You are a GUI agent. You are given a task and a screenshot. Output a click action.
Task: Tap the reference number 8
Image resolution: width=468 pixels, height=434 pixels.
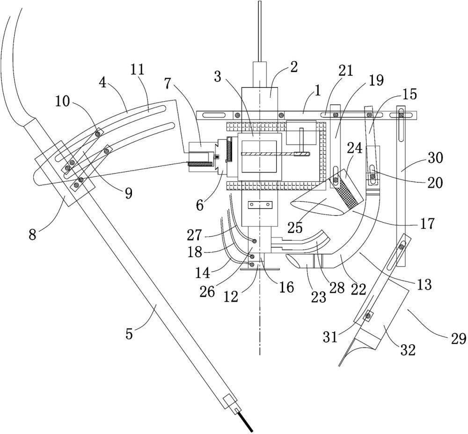click(33, 234)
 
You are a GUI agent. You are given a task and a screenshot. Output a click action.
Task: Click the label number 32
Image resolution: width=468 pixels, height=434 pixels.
click(408, 350)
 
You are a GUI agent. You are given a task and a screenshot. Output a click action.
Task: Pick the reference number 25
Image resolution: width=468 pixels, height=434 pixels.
click(295, 228)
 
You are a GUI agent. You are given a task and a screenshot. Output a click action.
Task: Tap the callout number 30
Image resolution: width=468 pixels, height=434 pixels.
click(435, 158)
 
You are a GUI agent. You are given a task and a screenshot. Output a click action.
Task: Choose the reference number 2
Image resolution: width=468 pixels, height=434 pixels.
click(294, 67)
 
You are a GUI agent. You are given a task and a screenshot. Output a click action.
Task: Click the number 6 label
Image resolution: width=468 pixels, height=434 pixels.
click(200, 205)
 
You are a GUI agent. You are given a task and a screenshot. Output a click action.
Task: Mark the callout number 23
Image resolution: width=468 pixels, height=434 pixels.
click(318, 297)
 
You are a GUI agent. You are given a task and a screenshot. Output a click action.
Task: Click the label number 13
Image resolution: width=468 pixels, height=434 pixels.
click(424, 284)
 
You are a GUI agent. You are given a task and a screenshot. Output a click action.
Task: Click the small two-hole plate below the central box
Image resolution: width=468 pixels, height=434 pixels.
click(261, 205)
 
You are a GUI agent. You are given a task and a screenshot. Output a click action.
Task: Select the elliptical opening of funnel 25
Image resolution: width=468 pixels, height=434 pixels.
click(317, 208)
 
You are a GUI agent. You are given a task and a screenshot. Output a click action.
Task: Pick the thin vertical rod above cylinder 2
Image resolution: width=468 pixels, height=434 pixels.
click(260, 31)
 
